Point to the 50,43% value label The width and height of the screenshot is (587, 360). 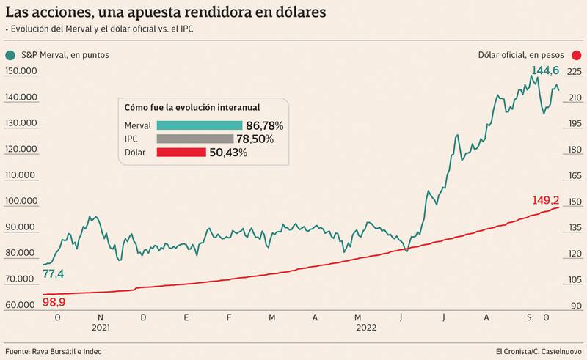(x=227, y=153)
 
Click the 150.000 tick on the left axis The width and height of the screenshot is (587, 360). (x=20, y=71)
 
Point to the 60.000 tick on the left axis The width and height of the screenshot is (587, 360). (x=20, y=305)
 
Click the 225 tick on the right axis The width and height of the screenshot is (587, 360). (x=574, y=71)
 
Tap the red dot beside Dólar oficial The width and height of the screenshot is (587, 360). (x=577, y=55)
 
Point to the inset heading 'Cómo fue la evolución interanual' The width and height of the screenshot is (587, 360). (x=192, y=106)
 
